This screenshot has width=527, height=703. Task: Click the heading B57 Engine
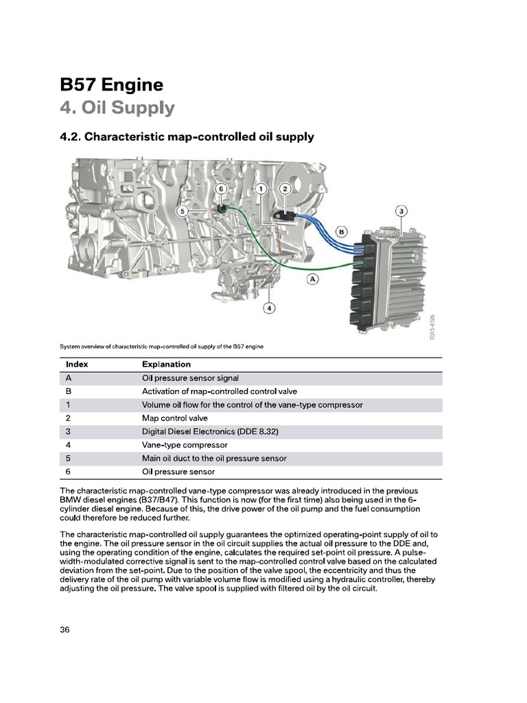[112, 85]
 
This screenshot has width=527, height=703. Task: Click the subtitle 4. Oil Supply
[117, 108]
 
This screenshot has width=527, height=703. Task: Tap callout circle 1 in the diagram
[261, 188]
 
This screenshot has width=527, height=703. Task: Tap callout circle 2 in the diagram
[286, 188]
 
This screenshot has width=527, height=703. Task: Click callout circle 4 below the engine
[270, 308]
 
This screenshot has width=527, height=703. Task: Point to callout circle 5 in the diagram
[182, 211]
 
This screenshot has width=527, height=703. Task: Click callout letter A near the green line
[313, 279]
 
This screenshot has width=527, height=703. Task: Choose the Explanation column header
[166, 365]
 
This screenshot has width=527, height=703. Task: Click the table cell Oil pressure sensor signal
[190, 378]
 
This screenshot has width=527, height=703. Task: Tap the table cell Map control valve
[174, 418]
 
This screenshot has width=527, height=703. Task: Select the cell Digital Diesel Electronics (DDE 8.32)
[209, 432]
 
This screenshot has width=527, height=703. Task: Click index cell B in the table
[69, 391]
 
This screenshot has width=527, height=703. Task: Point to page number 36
[66, 630]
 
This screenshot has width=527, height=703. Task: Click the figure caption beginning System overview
[161, 347]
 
